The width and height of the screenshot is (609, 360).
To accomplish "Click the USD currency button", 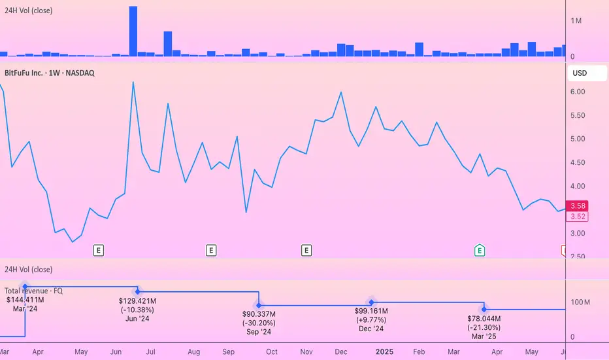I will (x=580, y=73).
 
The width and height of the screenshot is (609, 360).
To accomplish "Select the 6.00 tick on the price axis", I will (x=578, y=92).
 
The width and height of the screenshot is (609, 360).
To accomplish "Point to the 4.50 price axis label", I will (x=578, y=163).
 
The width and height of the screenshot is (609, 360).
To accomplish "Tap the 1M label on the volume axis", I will (x=577, y=22).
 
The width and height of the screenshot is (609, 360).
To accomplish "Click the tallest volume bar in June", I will (x=133, y=31).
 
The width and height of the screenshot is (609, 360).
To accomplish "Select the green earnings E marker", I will (x=480, y=249).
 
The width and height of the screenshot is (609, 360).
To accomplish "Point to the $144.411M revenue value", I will (x=24, y=300).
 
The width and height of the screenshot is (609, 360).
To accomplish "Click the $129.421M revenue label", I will (x=137, y=300).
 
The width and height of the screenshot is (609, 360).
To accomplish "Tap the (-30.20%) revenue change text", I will (x=259, y=323).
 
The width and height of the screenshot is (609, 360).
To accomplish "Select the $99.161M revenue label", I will (x=371, y=311).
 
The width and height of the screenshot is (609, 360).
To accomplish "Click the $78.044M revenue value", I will (x=484, y=318).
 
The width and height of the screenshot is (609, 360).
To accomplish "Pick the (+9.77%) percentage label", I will (x=371, y=319).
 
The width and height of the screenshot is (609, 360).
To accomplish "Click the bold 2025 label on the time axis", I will (x=384, y=351).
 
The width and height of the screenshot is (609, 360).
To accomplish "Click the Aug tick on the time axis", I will (x=194, y=351).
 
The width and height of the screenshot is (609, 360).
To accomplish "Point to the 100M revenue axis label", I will (x=580, y=302).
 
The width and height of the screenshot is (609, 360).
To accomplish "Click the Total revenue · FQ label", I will (x=33, y=291).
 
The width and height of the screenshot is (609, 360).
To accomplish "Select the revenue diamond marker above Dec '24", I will (x=371, y=302).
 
